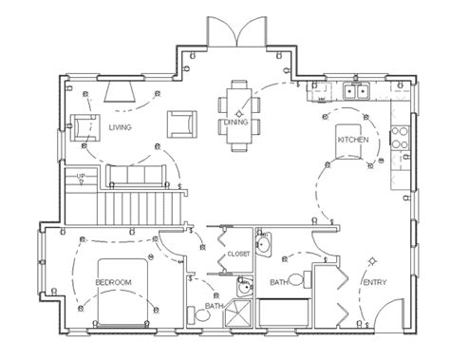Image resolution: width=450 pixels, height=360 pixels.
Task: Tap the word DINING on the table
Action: coord(236,121)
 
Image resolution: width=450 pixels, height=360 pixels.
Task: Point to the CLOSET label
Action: coord(238,254)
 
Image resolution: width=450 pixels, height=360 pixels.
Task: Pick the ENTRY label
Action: coord(374,282)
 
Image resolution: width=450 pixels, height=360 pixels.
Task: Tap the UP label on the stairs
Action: coord(82,178)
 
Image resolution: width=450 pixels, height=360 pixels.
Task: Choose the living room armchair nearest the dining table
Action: coord(179,123)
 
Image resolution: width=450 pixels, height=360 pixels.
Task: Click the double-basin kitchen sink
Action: coord(356,92)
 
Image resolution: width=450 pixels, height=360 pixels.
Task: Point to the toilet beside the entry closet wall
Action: coord(299,278)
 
